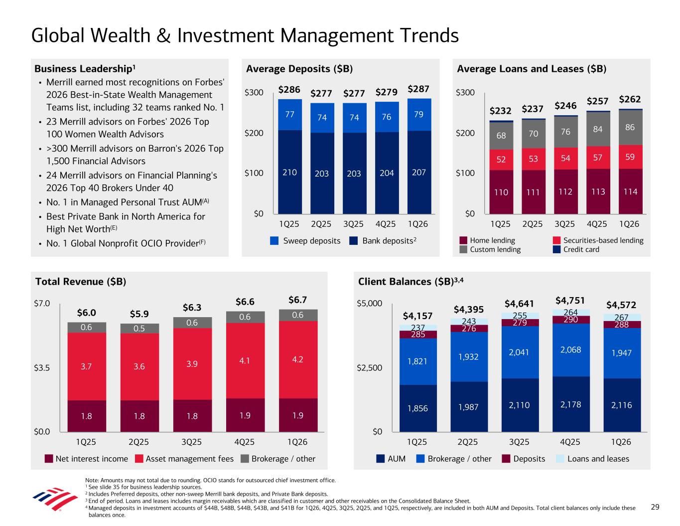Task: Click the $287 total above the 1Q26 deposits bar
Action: point(419,89)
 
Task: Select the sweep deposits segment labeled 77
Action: point(290,114)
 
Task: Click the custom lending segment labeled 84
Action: point(598,129)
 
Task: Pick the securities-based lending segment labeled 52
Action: point(501,160)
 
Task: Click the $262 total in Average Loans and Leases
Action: point(630,99)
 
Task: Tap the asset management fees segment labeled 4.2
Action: point(297,359)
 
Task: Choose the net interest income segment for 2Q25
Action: point(139,416)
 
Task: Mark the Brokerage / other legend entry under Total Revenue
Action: point(278,459)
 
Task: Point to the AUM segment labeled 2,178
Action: point(571,404)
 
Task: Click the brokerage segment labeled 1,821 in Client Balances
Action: point(417,361)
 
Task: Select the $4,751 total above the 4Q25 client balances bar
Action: point(570,300)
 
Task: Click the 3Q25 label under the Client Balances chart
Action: point(519,442)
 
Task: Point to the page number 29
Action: point(655,507)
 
